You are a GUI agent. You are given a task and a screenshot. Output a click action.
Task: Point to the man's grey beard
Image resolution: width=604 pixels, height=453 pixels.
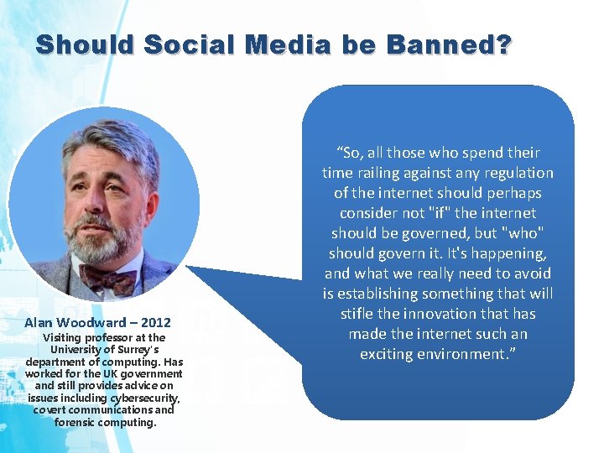[x=105, y=243]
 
